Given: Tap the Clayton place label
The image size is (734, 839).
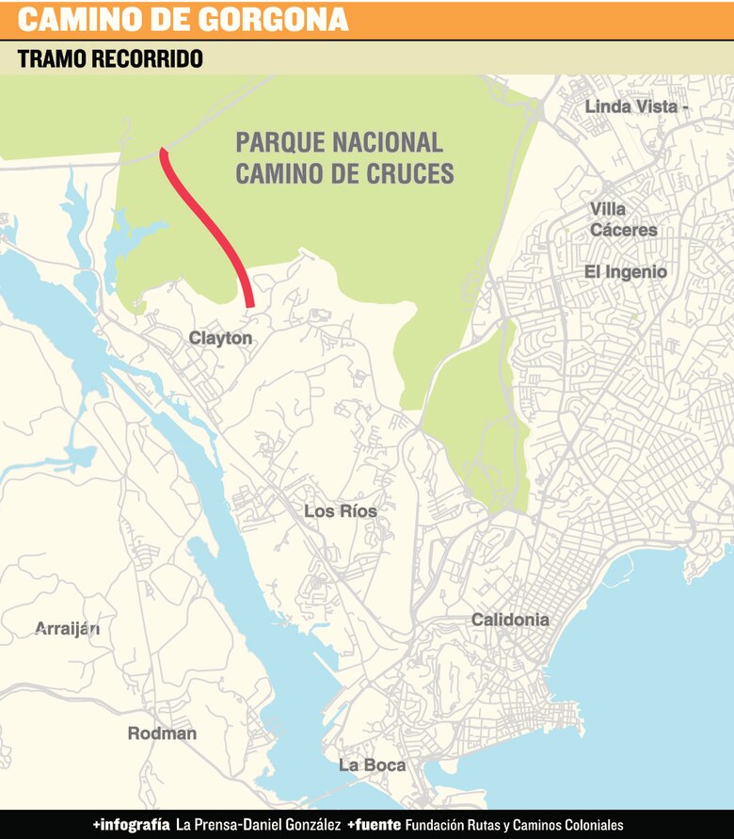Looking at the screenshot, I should pos(220,338).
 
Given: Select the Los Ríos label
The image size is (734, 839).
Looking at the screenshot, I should pos(340,511).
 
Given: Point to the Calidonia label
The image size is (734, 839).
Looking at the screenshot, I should pos(509,620).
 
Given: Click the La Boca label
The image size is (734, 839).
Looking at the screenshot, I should pos(372,765).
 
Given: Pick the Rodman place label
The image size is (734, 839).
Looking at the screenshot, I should pos(162,734).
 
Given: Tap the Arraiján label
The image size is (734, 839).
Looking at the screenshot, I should pos(67,629).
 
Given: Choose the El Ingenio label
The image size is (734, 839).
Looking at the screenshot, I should pos(626,272).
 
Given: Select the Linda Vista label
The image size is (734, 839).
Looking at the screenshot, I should pos(631,106).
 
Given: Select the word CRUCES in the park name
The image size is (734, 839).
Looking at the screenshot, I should pos(408,174).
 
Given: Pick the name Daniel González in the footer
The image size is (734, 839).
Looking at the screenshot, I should pos(295,824).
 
